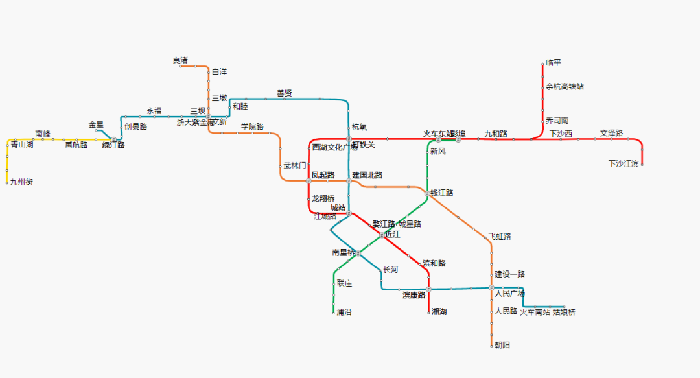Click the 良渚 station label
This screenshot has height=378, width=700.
pyautogui.click(x=180, y=60)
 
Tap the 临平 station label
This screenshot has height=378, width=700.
pyautogui.click(x=554, y=63)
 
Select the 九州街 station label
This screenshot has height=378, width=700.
pyautogui.click(x=21, y=182)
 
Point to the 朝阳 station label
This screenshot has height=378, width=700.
pyautogui.click(x=502, y=345)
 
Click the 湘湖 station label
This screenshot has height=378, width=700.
pyautogui.click(x=439, y=312)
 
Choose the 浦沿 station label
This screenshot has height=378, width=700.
pyautogui.click(x=344, y=312)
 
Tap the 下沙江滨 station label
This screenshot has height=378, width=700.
pyautogui.click(x=624, y=163)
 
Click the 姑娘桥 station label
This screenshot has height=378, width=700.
pyautogui.click(x=564, y=312)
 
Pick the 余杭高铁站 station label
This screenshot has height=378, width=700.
pyautogui.click(x=565, y=86)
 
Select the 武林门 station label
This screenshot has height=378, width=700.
pyautogui.click(x=295, y=166)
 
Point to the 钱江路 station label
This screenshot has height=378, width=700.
pyautogui.click(x=442, y=193)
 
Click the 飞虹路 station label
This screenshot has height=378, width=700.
pyautogui.click(x=500, y=237)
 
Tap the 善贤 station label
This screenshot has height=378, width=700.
pyautogui.click(x=285, y=93)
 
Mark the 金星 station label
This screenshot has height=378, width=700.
pyautogui.click(x=96, y=124)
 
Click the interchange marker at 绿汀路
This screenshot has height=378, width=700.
pyautogui.click(x=114, y=139)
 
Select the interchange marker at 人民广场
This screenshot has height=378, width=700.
pyautogui.click(x=491, y=287)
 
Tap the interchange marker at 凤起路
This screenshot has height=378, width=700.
pyautogui.click(x=309, y=181)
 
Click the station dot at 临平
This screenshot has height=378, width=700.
pyautogui.click(x=542, y=64)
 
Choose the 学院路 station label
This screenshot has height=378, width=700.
pyautogui.click(x=253, y=126)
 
